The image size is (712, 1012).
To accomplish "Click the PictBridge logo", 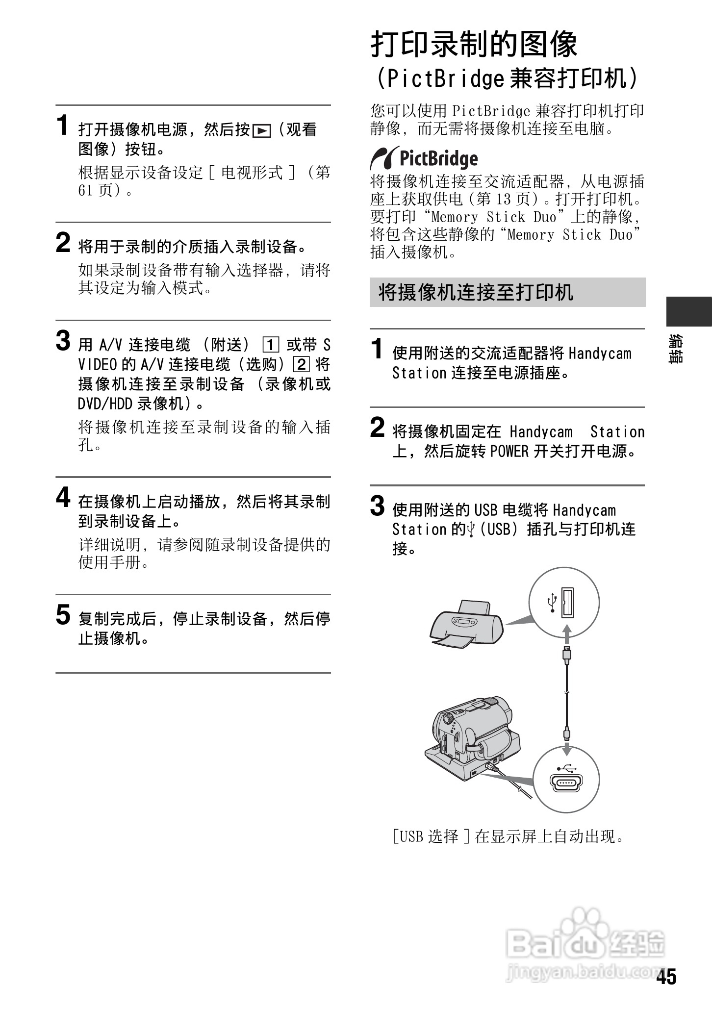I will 424,158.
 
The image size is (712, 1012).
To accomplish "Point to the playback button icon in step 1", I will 262,131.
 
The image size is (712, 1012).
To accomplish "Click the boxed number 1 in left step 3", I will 271,345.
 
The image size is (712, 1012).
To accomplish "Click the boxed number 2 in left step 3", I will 301,365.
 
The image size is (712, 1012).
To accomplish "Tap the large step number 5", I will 63,615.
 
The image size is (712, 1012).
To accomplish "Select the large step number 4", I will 63,498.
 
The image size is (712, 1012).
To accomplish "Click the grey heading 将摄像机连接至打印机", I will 476,292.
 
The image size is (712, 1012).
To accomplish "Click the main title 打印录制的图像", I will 474,45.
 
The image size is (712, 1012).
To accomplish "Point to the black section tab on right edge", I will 688,311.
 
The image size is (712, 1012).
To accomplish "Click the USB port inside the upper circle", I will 569,602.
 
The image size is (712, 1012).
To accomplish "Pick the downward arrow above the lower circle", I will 567,749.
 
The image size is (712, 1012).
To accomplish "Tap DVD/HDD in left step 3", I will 105,404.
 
